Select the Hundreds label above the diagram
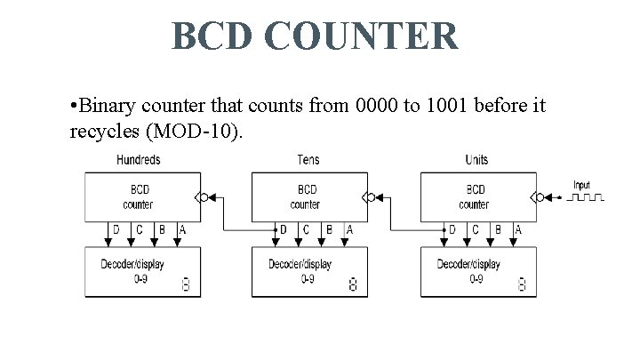coord(139,160)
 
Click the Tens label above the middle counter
coord(308,160)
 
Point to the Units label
coord(476,160)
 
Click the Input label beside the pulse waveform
coord(581,185)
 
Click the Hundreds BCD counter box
coord(139,196)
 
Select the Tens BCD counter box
coord(307,196)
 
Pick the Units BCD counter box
coord(475,196)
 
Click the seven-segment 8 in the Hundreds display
coord(185,285)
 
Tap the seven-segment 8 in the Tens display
coord(353,285)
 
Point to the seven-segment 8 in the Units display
coord(521,285)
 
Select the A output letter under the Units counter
coord(518,230)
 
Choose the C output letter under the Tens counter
coord(307,230)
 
